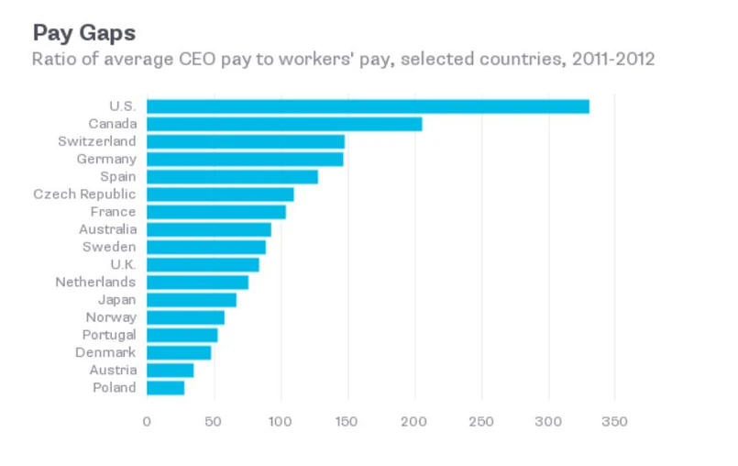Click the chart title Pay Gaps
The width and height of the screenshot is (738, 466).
pyautogui.click(x=84, y=33)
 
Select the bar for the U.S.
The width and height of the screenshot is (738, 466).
pyautogui.click(x=368, y=106)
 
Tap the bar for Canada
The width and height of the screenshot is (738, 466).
pyautogui.click(x=284, y=124)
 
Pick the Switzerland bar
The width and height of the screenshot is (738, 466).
pyautogui.click(x=246, y=141)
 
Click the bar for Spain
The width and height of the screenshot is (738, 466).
pyautogui.click(x=232, y=176)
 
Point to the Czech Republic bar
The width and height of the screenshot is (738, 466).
pyautogui.click(x=220, y=194)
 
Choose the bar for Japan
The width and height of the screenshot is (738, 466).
pyautogui.click(x=192, y=300)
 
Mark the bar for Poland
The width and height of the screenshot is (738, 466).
pyautogui.click(x=165, y=388)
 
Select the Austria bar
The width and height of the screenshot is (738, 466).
pyautogui.click(x=170, y=371)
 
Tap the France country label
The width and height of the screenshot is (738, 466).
pyautogui.click(x=113, y=212)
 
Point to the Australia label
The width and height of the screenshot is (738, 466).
pyautogui.click(x=107, y=229)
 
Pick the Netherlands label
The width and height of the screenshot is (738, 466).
pyautogui.click(x=95, y=283)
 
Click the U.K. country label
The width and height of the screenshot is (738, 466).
pyautogui.click(x=121, y=264)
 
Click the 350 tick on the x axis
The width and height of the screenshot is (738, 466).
pyautogui.click(x=614, y=422)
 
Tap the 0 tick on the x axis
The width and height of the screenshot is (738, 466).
pyautogui.click(x=147, y=422)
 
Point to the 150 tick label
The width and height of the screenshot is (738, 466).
pyautogui.click(x=347, y=422)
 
